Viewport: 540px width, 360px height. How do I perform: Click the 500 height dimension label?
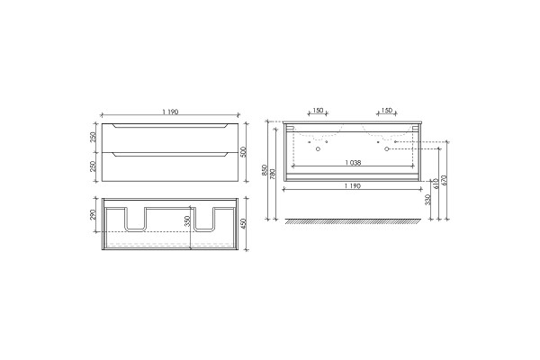(x=243, y=152)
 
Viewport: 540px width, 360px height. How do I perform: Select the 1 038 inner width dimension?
(x=353, y=163)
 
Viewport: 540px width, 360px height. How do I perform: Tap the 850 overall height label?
(x=265, y=170)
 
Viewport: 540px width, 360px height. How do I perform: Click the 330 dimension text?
(x=427, y=200)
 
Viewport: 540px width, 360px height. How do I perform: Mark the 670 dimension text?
(x=444, y=181)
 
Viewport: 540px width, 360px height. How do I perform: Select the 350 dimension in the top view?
(x=187, y=220)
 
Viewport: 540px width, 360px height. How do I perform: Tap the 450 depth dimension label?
(x=243, y=223)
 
